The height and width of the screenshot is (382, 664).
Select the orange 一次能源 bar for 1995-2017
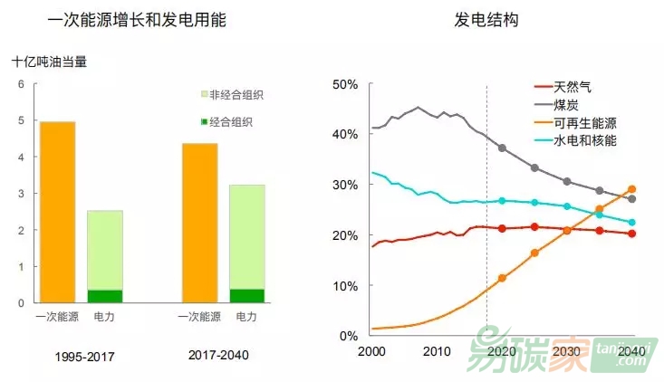58,212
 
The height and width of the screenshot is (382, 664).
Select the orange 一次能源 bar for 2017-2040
199,223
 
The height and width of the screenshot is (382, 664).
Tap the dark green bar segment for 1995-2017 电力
105,296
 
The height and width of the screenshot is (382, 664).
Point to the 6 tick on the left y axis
22,84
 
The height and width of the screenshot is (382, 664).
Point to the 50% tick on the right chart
347,84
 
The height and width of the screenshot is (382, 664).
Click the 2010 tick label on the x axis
437,350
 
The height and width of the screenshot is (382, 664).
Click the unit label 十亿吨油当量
49,62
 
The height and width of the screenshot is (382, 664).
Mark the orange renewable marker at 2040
631,189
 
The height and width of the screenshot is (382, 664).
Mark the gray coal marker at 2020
502,148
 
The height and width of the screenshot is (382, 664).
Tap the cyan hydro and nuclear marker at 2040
631,223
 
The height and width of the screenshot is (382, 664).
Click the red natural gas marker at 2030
567,229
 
